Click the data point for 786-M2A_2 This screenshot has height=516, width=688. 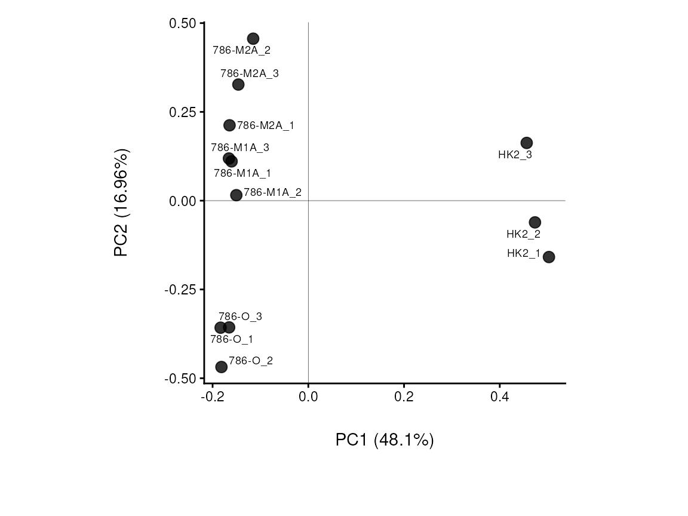[x=253, y=39]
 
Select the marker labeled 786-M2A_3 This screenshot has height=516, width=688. [x=238, y=85]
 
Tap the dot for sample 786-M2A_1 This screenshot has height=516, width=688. [x=229, y=125]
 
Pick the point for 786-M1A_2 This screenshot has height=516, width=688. [x=236, y=195]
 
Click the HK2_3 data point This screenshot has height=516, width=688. [x=527, y=143]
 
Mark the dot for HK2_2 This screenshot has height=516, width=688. [x=535, y=222]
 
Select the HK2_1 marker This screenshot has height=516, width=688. [x=549, y=257]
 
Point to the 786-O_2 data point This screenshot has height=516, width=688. [x=222, y=367]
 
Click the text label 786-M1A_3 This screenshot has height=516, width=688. [x=240, y=148]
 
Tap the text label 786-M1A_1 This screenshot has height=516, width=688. [x=242, y=173]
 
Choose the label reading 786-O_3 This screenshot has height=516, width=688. [x=240, y=317]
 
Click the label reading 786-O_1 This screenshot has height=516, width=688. [x=232, y=339]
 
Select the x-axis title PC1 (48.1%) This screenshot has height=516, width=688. [x=385, y=440]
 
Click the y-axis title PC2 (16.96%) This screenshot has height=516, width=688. [x=122, y=202]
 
